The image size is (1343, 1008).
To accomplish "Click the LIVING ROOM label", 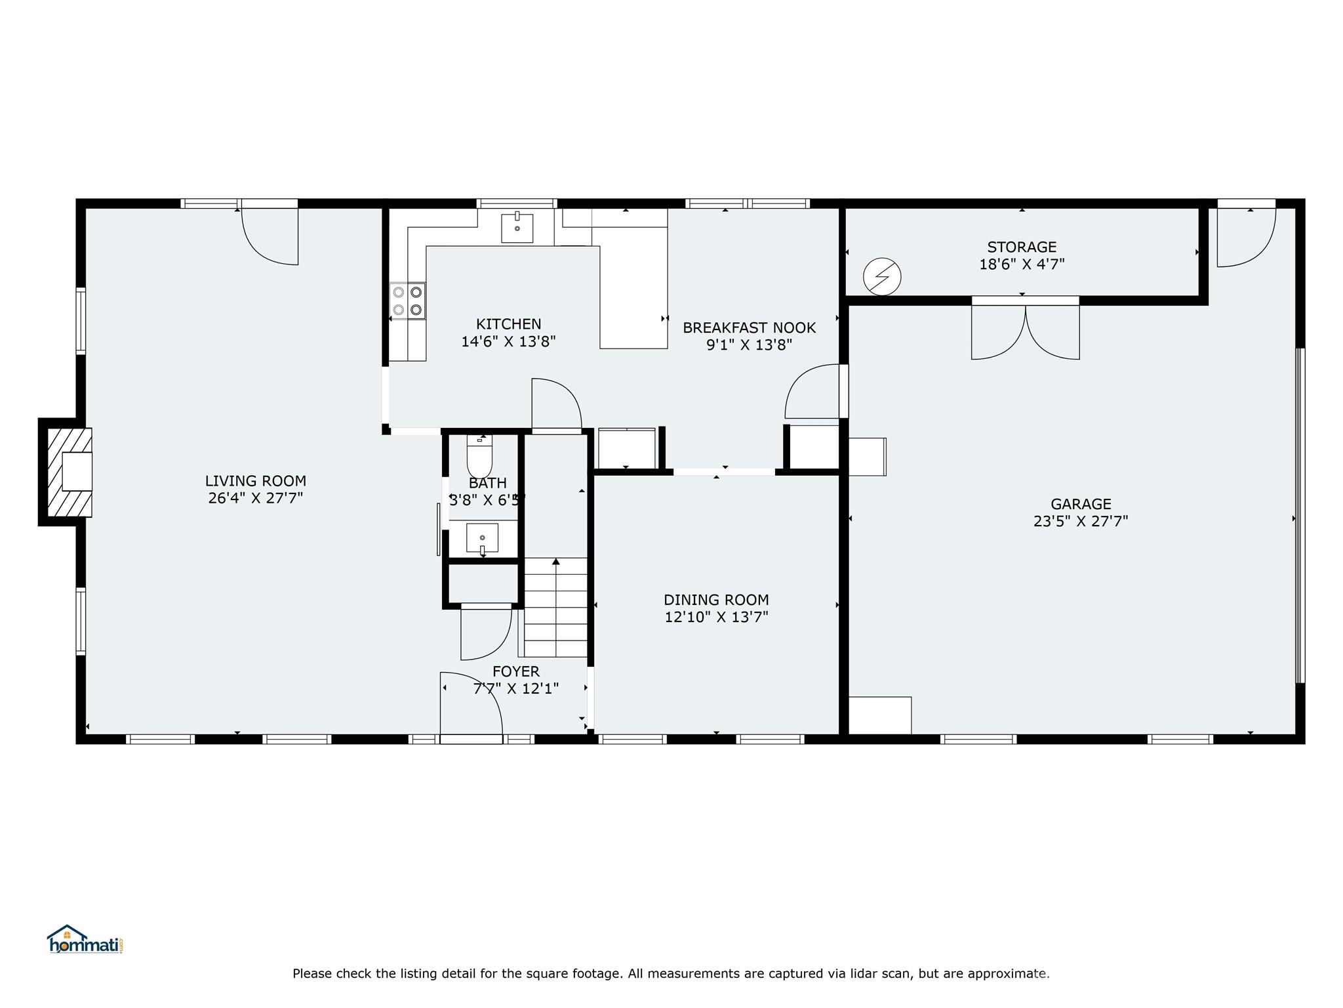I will click(x=255, y=481).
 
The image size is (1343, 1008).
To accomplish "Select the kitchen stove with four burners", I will click(x=407, y=301).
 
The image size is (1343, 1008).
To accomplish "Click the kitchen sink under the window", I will click(x=517, y=227).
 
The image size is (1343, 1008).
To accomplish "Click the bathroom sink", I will click(x=482, y=538).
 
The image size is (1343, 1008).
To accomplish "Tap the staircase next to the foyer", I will click(x=555, y=607).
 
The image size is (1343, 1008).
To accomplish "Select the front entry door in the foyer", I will click(x=471, y=705).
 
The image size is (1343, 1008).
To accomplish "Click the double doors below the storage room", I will click(x=1025, y=331).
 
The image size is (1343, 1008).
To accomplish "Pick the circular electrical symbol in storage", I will click(x=882, y=276).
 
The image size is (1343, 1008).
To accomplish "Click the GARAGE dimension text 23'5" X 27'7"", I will click(x=1080, y=522).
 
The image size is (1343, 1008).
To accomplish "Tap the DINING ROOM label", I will click(x=716, y=600).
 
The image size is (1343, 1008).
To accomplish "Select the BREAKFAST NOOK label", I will click(x=749, y=327).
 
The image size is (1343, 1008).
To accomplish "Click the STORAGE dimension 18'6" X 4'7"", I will click(x=1022, y=264).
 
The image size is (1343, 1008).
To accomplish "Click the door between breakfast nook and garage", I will click(x=813, y=392).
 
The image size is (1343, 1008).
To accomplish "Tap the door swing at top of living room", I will click(x=270, y=236).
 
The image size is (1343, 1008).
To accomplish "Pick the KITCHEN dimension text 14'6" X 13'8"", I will click(x=508, y=341).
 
